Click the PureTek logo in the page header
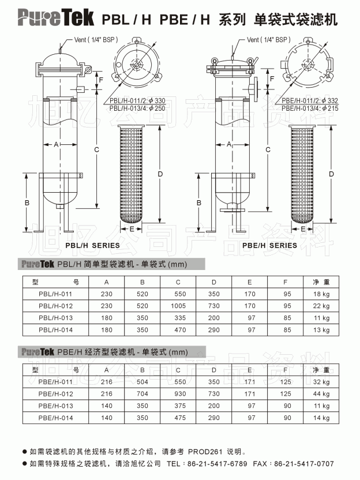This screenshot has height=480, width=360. [55, 18]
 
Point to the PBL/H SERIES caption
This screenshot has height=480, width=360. [92, 246]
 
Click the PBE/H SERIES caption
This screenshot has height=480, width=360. [269, 246]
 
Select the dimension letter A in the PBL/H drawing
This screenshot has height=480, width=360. [56, 144]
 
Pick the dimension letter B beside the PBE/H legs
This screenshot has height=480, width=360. [199, 202]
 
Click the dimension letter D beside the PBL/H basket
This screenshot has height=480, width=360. [160, 174]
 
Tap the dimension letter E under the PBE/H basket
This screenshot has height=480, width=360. [302, 229]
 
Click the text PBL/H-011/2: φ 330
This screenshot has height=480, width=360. [137, 101]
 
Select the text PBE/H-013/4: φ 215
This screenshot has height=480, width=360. [310, 108]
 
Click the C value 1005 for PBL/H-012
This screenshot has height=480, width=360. [178, 306]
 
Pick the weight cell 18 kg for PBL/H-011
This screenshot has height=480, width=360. [321, 294]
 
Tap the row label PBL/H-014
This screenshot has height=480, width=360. [56, 330]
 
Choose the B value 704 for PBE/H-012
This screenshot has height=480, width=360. [142, 393]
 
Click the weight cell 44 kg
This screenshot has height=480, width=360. [321, 393]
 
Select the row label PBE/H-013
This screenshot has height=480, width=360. [56, 406]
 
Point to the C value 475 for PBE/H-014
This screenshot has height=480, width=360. [180, 418]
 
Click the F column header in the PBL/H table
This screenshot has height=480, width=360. [286, 282]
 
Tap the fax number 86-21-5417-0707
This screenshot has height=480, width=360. [304, 464]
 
